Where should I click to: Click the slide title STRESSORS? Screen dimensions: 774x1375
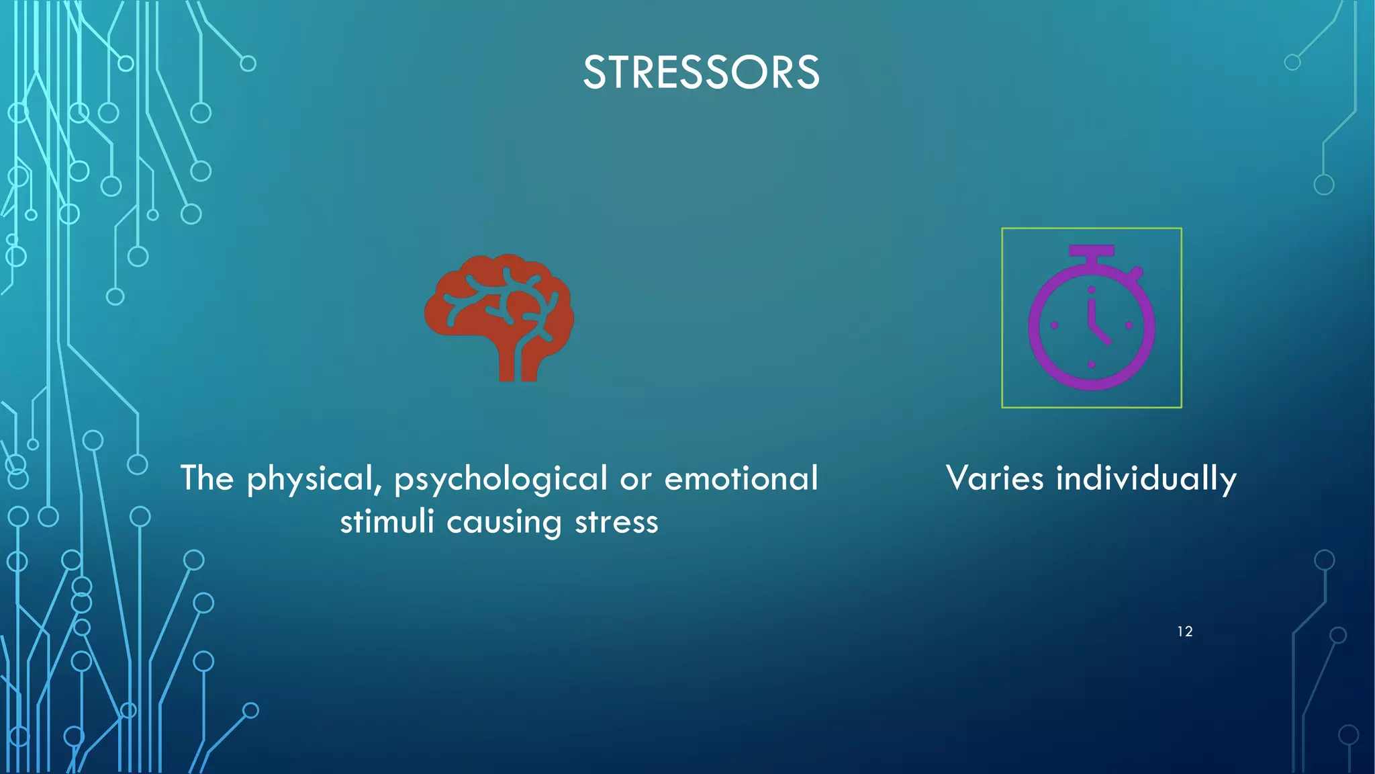point(701,73)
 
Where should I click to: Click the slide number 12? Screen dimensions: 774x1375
point(1185,632)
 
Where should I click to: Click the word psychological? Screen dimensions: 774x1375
point(501,480)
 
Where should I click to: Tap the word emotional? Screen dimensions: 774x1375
point(741,478)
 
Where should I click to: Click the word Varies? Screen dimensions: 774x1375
point(995,478)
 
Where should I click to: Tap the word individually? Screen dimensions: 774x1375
point(1146,480)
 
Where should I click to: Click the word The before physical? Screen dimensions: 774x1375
point(207,478)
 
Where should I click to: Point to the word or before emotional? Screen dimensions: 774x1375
point(636,480)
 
